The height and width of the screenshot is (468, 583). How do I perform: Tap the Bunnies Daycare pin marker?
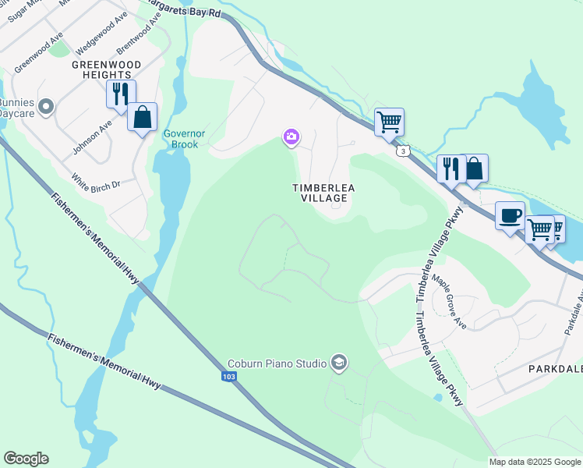click(x=46, y=105)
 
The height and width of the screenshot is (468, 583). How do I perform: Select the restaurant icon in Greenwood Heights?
click(x=121, y=94)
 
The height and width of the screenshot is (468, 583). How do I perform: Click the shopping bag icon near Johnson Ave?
click(x=142, y=117)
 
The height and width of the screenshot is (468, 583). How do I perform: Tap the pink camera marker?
click(x=291, y=138)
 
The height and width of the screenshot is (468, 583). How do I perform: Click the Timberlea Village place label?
click(x=320, y=193)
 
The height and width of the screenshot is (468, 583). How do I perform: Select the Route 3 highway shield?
click(x=401, y=151)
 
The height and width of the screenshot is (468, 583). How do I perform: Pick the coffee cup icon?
click(x=510, y=216)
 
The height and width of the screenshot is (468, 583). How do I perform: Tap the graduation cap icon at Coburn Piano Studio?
click(x=338, y=363)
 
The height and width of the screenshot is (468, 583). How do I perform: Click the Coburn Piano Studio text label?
click(x=276, y=363)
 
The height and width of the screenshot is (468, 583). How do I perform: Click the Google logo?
click(x=26, y=459)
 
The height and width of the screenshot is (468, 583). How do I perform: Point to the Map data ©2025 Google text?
click(x=535, y=462)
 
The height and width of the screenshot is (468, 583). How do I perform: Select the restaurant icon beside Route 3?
click(x=451, y=168)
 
